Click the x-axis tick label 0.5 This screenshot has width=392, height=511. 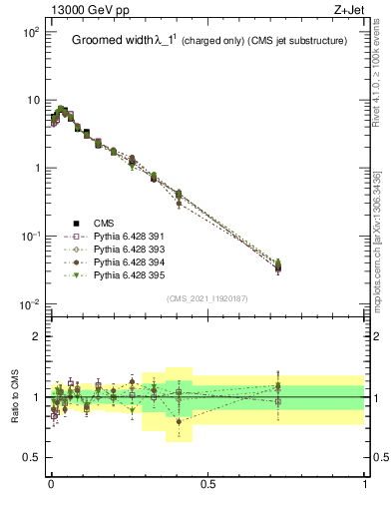tap(207, 484)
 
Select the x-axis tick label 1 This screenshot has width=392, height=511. tap(364, 484)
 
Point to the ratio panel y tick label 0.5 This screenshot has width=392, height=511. tap(33, 457)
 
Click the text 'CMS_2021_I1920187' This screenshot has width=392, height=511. tap(206, 298)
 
